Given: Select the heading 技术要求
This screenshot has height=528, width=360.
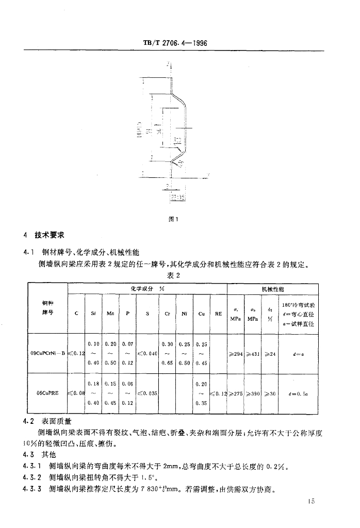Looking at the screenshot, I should coord(50,235).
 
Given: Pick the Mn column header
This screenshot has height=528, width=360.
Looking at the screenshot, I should coord(110,312).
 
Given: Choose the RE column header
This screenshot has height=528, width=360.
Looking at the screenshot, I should coord(218,312).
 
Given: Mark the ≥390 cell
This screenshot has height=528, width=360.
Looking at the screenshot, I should coord(253,392).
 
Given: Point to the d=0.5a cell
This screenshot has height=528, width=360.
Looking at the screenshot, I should coord(299,392).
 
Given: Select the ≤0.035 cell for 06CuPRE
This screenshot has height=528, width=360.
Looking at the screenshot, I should coord(146,392).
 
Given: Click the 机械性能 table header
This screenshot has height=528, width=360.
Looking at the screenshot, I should coord(273,290).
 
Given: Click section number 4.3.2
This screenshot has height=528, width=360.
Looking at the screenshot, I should coord(32,477).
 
